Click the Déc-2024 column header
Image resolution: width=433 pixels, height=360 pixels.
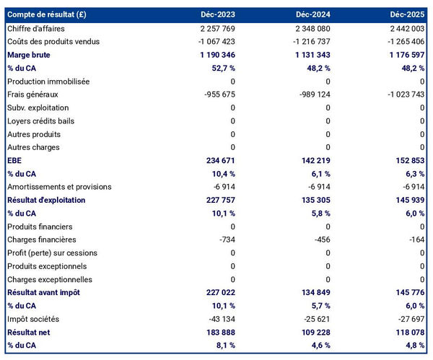[312, 14]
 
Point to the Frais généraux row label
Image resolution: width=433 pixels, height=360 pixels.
[32, 95]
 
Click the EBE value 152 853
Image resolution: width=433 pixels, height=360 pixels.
[407, 160]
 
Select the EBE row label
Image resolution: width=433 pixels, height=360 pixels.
[14, 160]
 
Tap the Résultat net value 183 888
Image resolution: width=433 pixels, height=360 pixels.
[217, 332]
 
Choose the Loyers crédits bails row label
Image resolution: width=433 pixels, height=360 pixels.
[40, 121]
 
